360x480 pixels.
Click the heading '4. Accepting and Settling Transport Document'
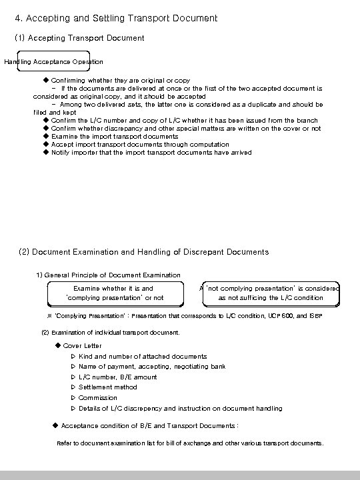pyautogui.click(x=116, y=18)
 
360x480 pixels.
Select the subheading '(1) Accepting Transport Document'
pyautogui.click(x=79, y=39)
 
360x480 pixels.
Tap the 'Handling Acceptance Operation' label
pyautogui.click(x=54, y=62)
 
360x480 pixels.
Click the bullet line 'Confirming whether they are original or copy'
pyautogui.click(x=120, y=80)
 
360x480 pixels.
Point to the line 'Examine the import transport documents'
pyautogui.click(x=115, y=136)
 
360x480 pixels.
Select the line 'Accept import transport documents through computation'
pyautogui.click(x=139, y=144)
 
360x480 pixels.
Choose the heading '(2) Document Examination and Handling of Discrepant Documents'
pyautogui.click(x=144, y=252)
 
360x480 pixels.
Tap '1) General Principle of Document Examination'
pyautogui.click(x=108, y=275)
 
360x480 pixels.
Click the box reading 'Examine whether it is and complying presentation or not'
pyautogui.click(x=114, y=293)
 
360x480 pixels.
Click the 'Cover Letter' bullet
pyautogui.click(x=82, y=345)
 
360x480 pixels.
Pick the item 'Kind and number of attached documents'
pyautogui.click(x=143, y=356)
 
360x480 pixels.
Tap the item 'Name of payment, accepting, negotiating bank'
pyautogui.click(x=152, y=367)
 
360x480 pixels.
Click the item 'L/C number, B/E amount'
pyautogui.click(x=118, y=377)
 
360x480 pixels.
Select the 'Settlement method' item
pyautogui.click(x=108, y=387)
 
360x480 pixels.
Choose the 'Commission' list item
pyautogui.click(x=98, y=398)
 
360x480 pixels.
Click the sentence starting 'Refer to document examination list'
pyautogui.click(x=191, y=443)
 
